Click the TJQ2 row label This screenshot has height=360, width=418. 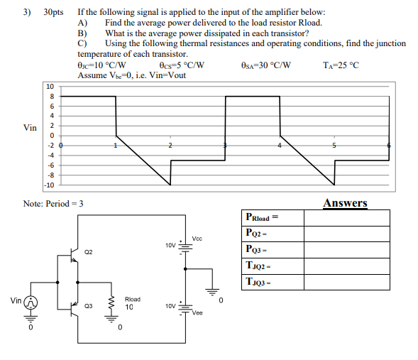(260, 265)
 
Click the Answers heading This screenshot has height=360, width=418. (345, 203)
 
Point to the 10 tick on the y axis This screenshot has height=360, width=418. (50, 87)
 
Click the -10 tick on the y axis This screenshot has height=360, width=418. (49, 185)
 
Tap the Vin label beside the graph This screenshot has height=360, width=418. (30, 128)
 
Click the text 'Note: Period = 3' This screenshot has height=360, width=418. (53, 204)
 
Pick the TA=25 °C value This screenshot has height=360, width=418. (341, 65)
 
